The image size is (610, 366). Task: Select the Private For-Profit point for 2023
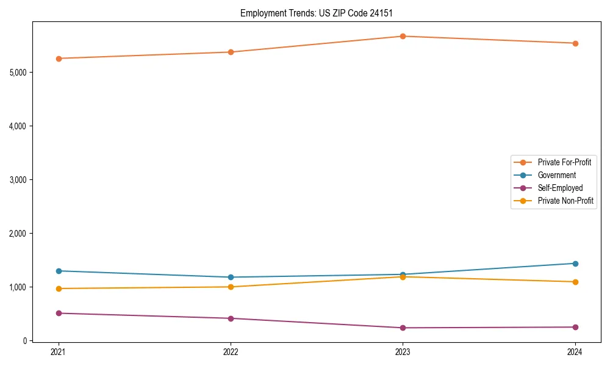[403, 36]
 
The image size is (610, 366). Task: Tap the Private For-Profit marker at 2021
[59, 59]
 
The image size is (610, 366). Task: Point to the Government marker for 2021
[59, 271]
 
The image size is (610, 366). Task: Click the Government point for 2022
[231, 277]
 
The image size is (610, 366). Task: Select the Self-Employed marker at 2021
[59, 313]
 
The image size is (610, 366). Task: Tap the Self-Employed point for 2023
[403, 328]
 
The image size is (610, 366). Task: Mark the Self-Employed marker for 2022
[231, 318]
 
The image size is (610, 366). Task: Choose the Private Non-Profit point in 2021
[59, 289]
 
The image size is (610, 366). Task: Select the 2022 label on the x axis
[231, 352]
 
